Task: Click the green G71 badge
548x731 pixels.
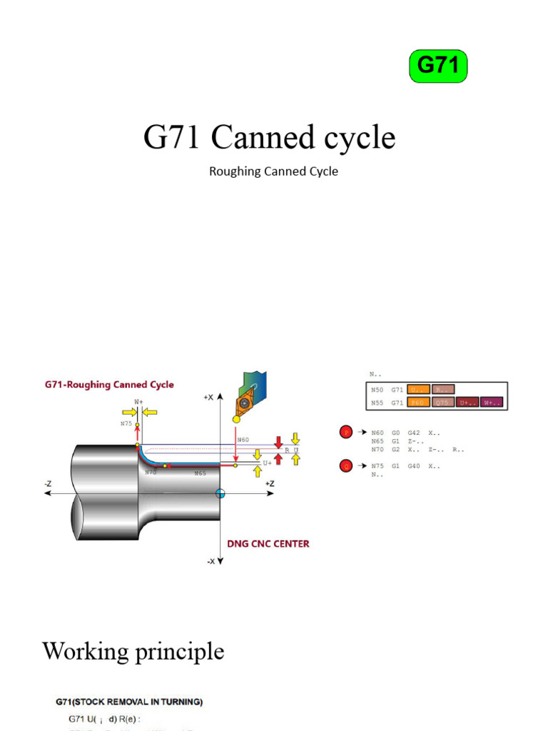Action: tap(437, 66)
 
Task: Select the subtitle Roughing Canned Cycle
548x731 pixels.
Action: tap(273, 171)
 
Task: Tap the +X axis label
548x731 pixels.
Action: tap(208, 397)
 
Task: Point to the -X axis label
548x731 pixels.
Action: tap(210, 561)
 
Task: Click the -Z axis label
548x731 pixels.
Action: tap(48, 483)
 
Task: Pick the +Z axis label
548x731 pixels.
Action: tap(269, 483)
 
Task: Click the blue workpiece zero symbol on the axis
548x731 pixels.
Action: tap(220, 493)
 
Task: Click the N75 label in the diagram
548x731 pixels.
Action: tap(126, 423)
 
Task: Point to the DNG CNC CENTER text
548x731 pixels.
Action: tap(268, 543)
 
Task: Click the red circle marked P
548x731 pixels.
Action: tap(346, 432)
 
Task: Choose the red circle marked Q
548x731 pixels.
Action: tap(346, 466)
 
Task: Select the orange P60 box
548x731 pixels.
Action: tap(418, 403)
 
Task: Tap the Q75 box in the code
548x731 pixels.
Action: tap(442, 403)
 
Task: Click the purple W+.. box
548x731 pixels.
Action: tap(491, 403)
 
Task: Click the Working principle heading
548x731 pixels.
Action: tap(133, 651)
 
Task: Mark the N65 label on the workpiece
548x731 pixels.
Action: tap(201, 473)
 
